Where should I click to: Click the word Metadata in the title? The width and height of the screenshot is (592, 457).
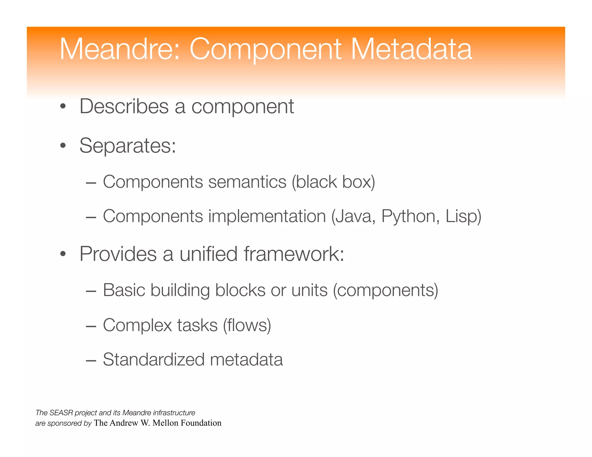click(x=411, y=49)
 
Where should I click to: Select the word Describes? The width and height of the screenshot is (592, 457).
click(x=124, y=107)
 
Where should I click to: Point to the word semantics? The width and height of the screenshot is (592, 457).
click(x=247, y=182)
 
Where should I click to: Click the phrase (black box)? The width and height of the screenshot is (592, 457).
click(x=333, y=182)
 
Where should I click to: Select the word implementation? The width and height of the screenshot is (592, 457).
click(x=264, y=216)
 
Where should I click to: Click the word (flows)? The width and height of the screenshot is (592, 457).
click(x=247, y=325)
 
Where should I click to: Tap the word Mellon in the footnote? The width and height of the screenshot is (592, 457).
click(x=165, y=423)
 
